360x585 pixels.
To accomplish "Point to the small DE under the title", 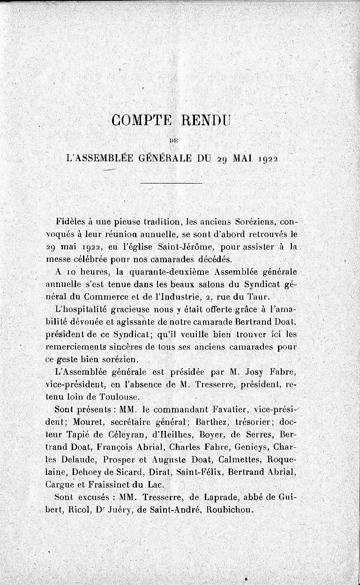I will click(172, 140).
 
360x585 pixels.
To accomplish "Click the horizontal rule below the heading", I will click(172, 183).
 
